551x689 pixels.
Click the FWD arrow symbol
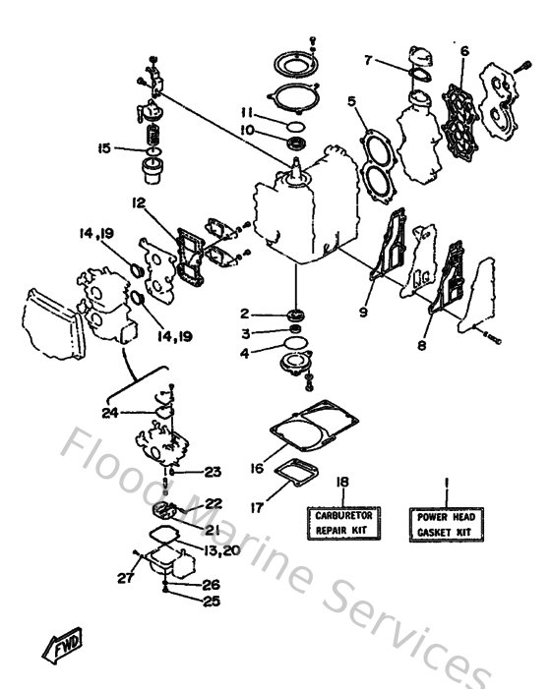tap(62, 646)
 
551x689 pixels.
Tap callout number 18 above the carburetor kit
tap(342, 482)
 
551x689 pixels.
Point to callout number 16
tap(257, 470)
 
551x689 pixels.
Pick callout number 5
tap(350, 100)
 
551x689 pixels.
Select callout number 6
tap(464, 51)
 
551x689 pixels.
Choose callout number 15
tap(104, 148)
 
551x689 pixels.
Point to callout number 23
tap(213, 472)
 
